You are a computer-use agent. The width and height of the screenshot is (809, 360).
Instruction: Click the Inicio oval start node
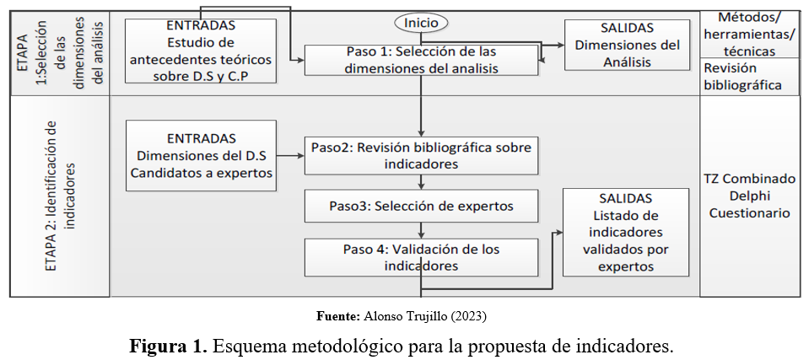(x=420, y=23)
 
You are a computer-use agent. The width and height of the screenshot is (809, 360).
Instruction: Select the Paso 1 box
(x=420, y=61)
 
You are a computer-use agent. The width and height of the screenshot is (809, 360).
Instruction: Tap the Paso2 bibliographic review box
(x=420, y=155)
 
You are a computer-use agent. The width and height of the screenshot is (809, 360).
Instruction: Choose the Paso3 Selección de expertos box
(x=420, y=206)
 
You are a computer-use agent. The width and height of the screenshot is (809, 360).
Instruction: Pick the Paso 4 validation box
(x=420, y=257)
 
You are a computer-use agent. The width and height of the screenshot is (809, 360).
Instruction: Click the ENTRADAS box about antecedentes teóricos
(x=201, y=51)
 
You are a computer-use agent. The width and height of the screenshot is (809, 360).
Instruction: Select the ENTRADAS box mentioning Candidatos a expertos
(x=201, y=156)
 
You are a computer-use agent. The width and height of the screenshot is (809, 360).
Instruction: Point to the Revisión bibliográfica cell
(x=749, y=77)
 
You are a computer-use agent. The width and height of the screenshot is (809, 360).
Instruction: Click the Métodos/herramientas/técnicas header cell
(x=749, y=34)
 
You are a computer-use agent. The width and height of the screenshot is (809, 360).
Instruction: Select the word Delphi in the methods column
(x=749, y=196)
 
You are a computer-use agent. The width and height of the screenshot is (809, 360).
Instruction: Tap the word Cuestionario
(x=749, y=212)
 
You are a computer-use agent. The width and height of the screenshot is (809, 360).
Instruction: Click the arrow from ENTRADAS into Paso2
(x=291, y=156)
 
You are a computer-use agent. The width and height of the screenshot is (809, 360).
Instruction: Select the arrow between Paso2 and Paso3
(x=420, y=182)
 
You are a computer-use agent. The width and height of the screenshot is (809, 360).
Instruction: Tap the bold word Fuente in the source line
(x=338, y=316)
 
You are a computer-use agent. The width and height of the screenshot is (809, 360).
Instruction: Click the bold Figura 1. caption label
(x=168, y=347)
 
